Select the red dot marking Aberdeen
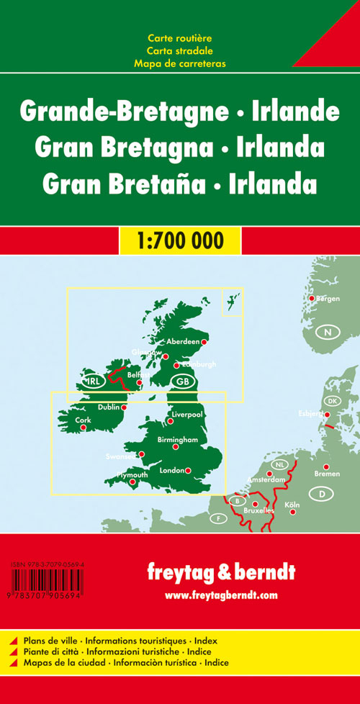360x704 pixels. [204, 343]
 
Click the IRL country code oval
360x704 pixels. [94, 382]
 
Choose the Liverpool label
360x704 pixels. [188, 415]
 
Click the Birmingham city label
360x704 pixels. [177, 439]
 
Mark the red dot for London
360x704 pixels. [188, 471]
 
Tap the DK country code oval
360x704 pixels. [332, 401]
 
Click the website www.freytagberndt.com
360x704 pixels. [221, 595]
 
